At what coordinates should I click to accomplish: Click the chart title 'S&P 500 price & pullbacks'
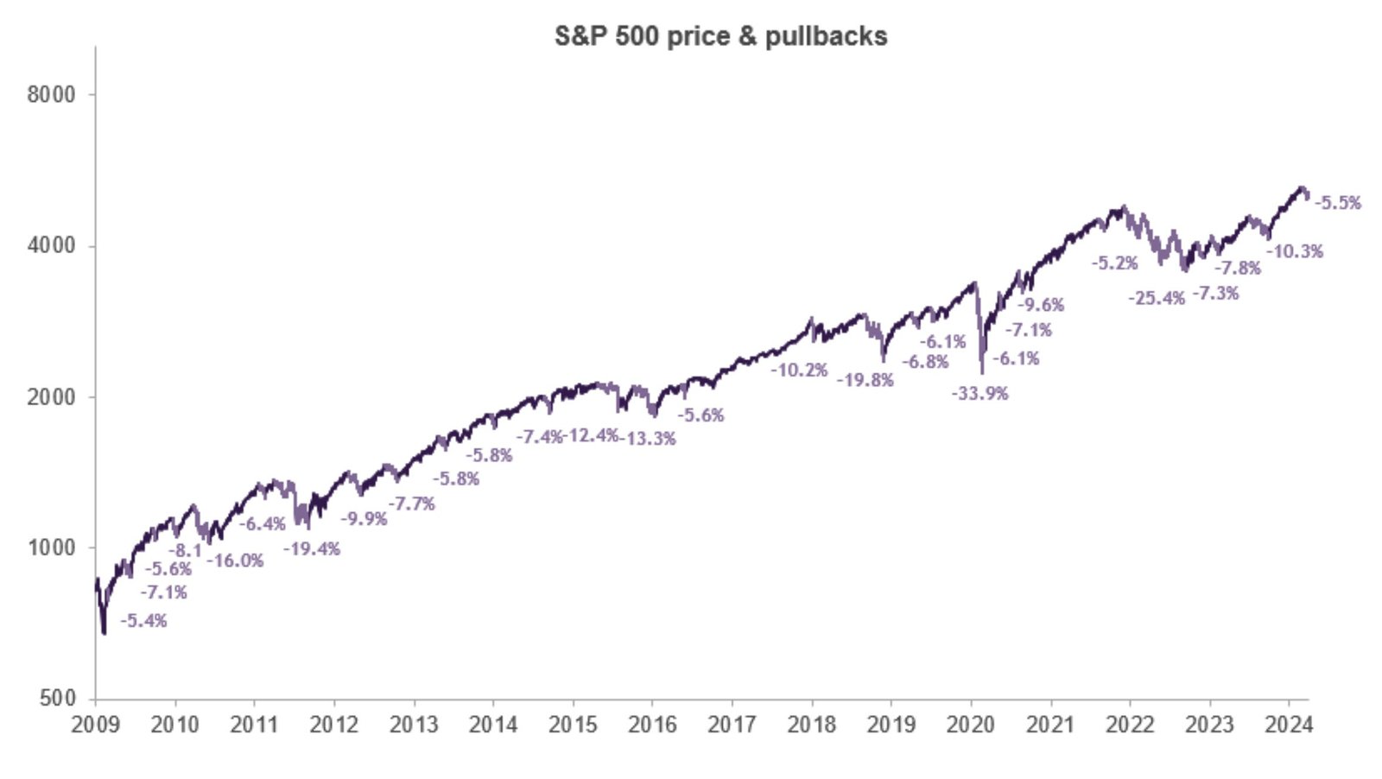(720, 36)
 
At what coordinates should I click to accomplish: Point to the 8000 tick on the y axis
(51, 94)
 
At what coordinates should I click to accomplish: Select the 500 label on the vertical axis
(58, 699)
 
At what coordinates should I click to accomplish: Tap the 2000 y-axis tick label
(51, 397)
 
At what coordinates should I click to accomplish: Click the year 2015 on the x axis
(573, 725)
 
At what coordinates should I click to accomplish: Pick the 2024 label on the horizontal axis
(1289, 725)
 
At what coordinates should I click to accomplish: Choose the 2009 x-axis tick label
(95, 725)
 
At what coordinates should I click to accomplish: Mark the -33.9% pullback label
(980, 394)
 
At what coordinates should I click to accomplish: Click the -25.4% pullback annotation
(1157, 299)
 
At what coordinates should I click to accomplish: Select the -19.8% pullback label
(865, 380)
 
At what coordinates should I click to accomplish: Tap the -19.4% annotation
(312, 549)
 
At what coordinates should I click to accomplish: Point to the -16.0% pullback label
(235, 561)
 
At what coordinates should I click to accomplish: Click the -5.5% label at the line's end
(1337, 203)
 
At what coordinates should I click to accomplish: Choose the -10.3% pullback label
(1295, 252)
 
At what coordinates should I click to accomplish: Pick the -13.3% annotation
(648, 439)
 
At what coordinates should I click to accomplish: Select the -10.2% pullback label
(800, 370)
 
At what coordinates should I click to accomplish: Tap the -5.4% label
(144, 621)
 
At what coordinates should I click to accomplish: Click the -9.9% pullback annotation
(364, 519)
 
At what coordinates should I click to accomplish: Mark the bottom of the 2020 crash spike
(982, 372)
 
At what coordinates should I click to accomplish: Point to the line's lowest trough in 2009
(105, 634)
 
